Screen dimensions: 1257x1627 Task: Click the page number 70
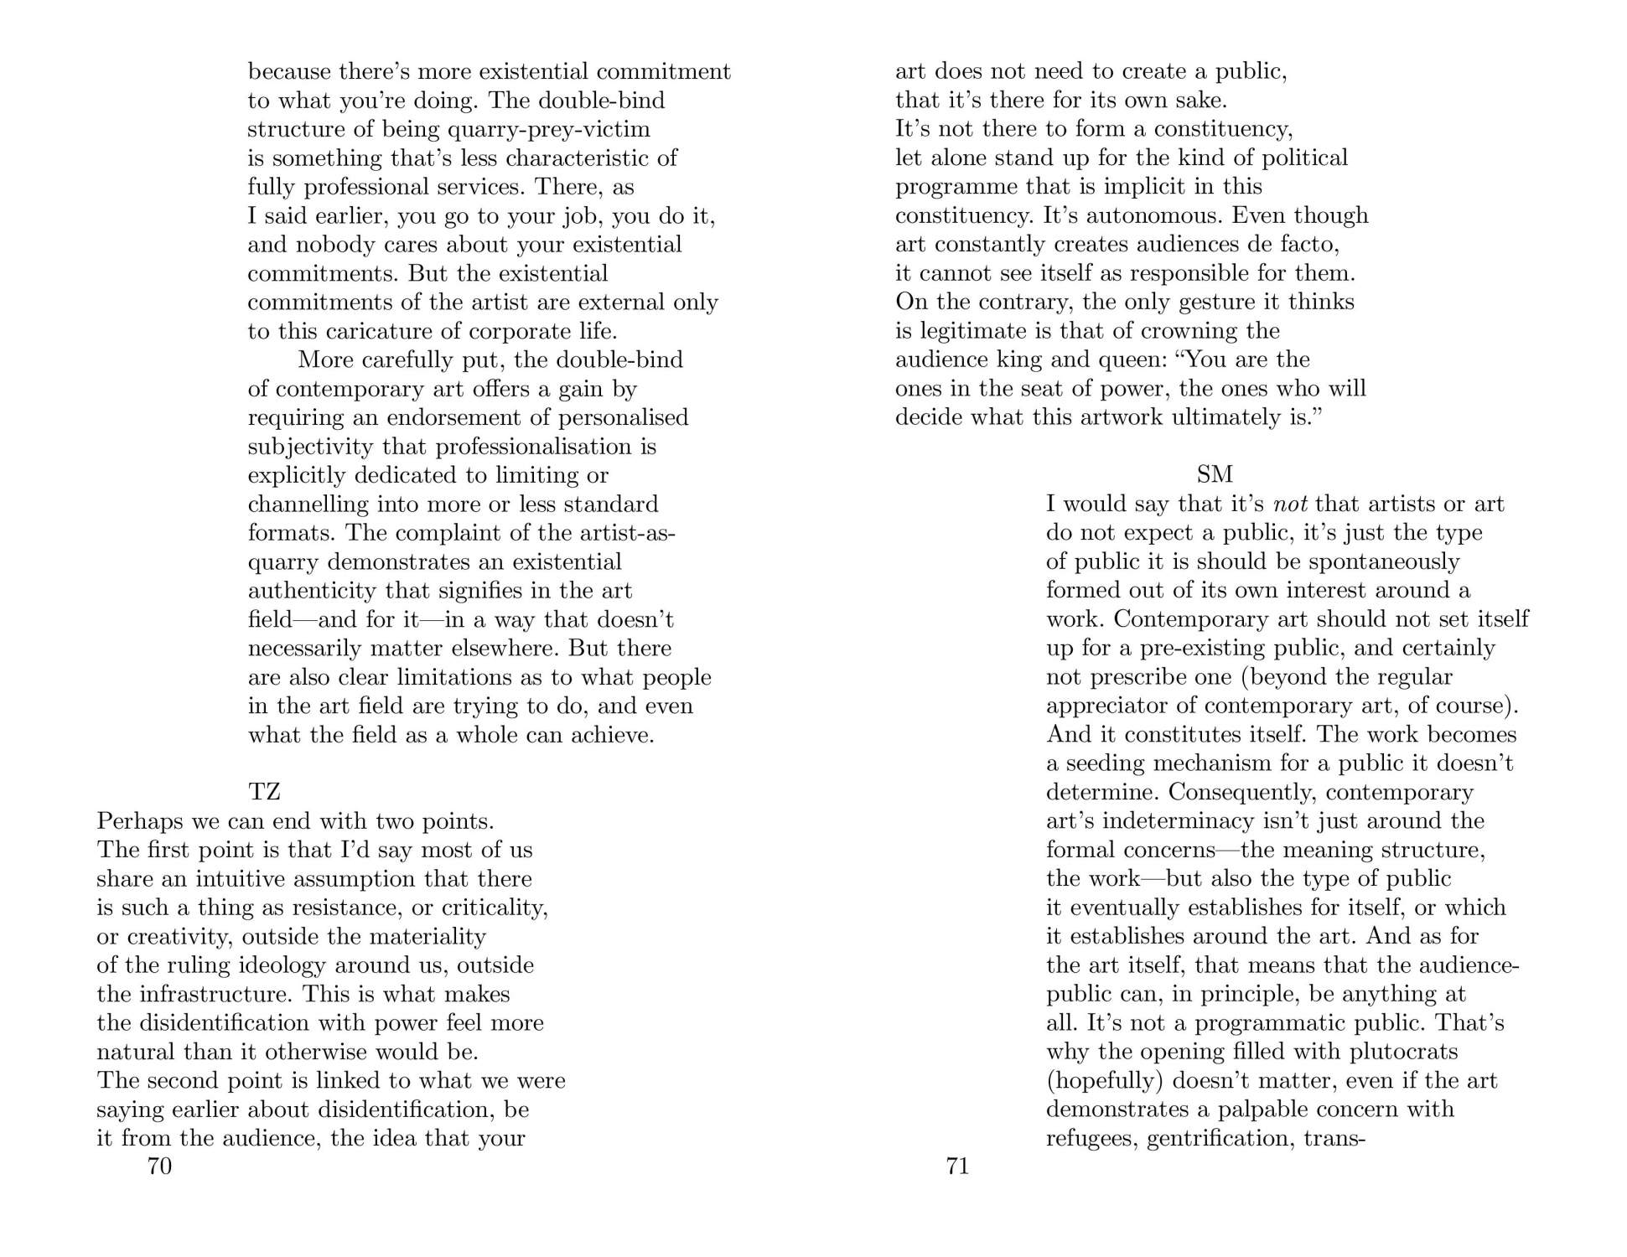(x=159, y=1166)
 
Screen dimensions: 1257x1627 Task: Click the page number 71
(x=957, y=1166)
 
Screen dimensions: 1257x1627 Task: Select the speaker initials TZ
(x=264, y=791)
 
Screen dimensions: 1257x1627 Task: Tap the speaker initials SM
(x=1215, y=475)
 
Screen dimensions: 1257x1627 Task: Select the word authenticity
(x=313, y=591)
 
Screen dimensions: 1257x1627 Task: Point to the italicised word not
(x=1291, y=504)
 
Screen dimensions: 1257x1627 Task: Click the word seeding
(x=1102, y=763)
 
